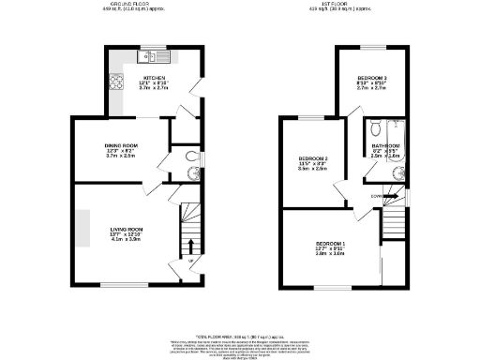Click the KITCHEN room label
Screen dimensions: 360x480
click(154, 78)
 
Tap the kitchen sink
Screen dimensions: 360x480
click(147, 55)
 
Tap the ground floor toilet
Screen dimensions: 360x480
click(191, 157)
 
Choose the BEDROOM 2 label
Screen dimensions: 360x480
click(312, 157)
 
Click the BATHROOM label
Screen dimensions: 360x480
click(384, 146)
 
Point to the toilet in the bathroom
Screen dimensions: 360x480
click(374, 129)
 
